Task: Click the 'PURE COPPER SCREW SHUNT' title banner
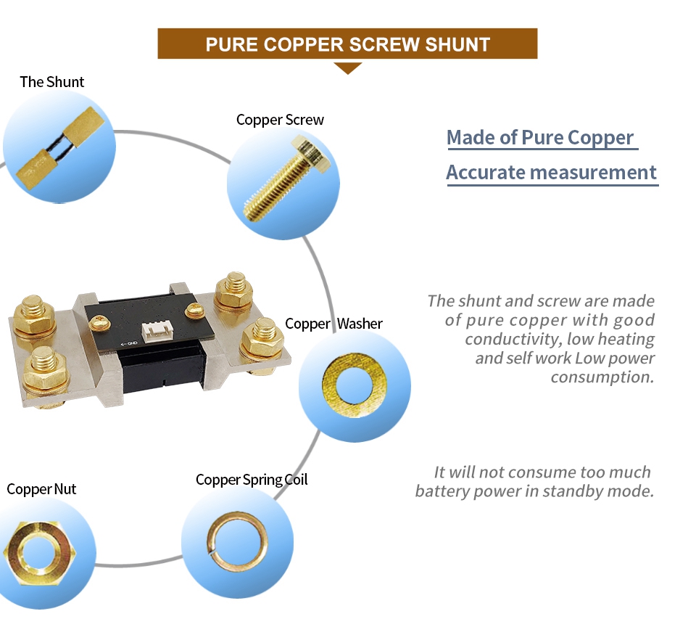click(x=347, y=44)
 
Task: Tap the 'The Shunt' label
click(x=52, y=82)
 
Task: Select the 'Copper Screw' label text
click(x=280, y=120)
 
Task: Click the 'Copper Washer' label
click(x=333, y=324)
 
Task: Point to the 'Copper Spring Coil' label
click(x=252, y=480)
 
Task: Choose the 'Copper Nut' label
click(x=41, y=489)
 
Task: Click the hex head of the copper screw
click(x=312, y=154)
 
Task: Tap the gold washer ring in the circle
click(x=355, y=385)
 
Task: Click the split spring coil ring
click(x=237, y=541)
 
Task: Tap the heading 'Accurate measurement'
click(x=551, y=173)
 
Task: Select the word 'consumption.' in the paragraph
click(x=602, y=377)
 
